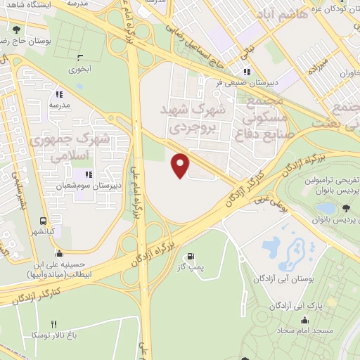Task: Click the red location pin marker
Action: pyautogui.click(x=181, y=165)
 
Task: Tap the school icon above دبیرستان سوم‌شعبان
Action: pyautogui.click(x=88, y=174)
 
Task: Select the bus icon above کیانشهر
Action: pyautogui.click(x=44, y=220)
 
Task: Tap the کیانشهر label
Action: pyautogui.click(x=44, y=231)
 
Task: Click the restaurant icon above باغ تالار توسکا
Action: pyautogui.click(x=53, y=324)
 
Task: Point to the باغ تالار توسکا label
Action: pyautogui.click(x=53, y=335)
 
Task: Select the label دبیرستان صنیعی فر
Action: pyautogui.click(x=247, y=82)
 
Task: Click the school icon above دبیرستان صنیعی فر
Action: pyautogui.click(x=247, y=71)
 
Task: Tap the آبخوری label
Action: pyautogui.click(x=79, y=70)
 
